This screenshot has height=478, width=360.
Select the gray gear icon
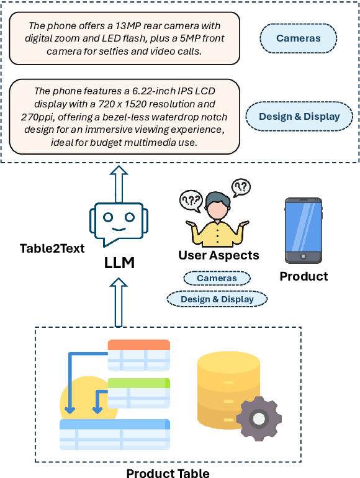coord(259,418)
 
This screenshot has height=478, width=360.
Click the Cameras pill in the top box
coord(298,38)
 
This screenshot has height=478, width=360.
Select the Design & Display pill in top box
coord(299,117)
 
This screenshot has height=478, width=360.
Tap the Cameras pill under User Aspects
coord(217,278)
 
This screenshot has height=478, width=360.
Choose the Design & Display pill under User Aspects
coord(217,299)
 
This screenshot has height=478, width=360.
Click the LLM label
coord(119,263)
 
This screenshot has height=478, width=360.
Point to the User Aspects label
coord(218,255)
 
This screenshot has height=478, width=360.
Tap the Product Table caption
coord(168,474)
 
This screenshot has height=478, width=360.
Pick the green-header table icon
coord(138,392)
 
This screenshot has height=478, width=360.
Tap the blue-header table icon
coord(115,434)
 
